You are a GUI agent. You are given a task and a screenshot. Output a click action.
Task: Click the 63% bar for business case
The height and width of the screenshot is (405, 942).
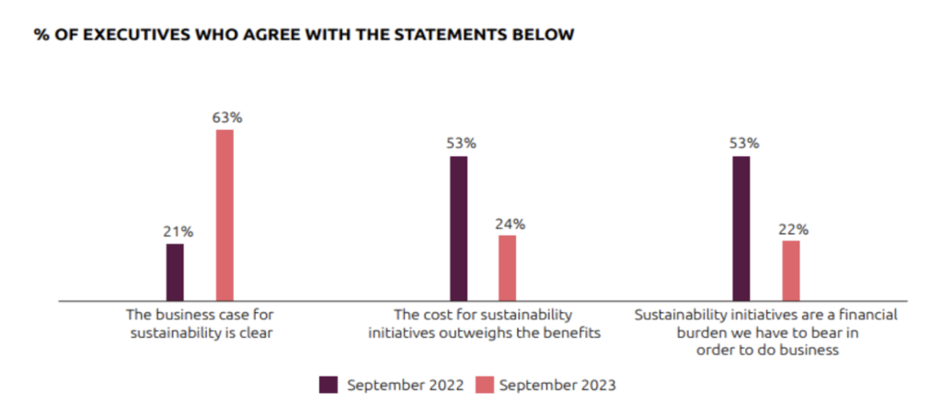click(x=224, y=214)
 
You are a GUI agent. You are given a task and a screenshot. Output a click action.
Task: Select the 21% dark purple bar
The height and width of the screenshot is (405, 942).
click(x=175, y=272)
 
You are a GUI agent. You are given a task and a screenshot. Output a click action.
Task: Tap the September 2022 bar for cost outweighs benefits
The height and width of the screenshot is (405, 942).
click(x=458, y=227)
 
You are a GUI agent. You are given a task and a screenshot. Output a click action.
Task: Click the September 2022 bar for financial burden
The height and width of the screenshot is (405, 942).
click(x=741, y=227)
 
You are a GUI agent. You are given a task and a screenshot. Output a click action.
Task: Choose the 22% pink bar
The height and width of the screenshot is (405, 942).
click(x=791, y=270)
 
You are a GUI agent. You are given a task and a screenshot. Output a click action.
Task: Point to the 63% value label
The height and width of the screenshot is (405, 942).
click(x=225, y=118)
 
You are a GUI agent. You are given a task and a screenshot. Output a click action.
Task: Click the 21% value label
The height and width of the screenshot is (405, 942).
click(x=176, y=231)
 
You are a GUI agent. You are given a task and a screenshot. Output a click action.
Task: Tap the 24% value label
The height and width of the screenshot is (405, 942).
click(x=509, y=224)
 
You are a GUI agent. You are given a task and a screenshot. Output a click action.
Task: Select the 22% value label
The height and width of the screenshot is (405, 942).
click(x=792, y=228)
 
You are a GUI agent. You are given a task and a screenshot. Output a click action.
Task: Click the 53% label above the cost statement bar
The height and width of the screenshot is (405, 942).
click(x=459, y=144)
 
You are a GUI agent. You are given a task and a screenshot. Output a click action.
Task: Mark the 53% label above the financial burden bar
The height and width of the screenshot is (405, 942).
click(x=742, y=144)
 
